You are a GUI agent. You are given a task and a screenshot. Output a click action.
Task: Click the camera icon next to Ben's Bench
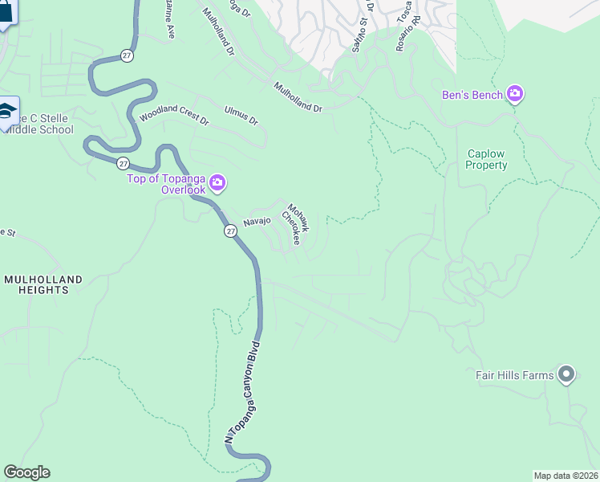[515, 95]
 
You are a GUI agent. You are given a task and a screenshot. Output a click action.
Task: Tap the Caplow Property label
[487, 159]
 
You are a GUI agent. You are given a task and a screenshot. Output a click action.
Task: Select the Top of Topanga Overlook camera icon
[217, 185]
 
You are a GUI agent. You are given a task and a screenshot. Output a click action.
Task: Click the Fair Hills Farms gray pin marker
[566, 374]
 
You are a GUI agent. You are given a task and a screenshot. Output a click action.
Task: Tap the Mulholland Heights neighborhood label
[43, 284]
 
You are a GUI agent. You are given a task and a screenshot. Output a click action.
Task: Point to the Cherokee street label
[290, 230]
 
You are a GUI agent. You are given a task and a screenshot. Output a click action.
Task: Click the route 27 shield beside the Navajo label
[230, 231]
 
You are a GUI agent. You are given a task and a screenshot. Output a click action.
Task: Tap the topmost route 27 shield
[128, 55]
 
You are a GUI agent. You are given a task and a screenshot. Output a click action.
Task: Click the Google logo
[26, 472]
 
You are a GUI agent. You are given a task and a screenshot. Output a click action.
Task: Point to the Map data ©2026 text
[566, 476]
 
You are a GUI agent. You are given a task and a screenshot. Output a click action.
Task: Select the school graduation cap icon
[7, 112]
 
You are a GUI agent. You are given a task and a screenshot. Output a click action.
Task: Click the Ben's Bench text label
[472, 95]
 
